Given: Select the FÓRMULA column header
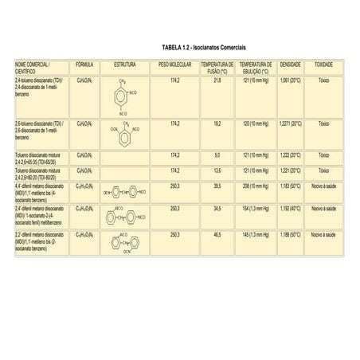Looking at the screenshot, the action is coord(84,63).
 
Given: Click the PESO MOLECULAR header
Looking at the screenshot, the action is coord(175,63).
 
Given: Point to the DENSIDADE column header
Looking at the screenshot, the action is coord(291,63).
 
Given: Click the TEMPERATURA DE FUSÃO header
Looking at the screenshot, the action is coord(217,66).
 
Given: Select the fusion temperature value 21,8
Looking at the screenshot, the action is coord(217,80).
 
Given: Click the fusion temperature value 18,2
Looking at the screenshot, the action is coord(217,123).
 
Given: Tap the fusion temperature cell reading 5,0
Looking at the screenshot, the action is coord(217,154).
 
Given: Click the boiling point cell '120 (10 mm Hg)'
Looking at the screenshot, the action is coord(255,123).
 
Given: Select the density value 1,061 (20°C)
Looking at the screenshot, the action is coord(291,80).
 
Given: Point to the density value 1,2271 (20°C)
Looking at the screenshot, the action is coord(291,123).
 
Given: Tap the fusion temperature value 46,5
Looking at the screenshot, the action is coord(217,234).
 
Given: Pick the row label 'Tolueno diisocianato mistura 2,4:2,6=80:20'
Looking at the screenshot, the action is coord(40,172).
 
